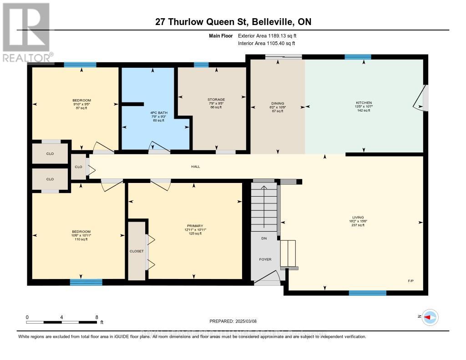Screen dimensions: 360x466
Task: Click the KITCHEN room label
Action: [x=364, y=103]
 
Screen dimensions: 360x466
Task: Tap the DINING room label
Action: [x=277, y=103]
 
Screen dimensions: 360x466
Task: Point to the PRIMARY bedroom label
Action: [x=194, y=226]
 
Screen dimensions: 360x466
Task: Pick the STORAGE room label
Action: [x=216, y=99]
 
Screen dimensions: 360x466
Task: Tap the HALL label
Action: [x=195, y=167]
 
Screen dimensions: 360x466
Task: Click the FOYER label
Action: [x=265, y=259]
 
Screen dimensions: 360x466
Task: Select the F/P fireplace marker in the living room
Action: [x=410, y=281]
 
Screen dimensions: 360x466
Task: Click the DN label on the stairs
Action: [x=263, y=238]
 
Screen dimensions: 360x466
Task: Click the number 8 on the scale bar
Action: [x=96, y=317]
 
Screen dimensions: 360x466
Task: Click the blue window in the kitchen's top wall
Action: [x=358, y=57]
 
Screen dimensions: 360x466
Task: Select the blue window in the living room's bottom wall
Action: [x=367, y=293]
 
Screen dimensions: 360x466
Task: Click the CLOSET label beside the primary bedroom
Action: [x=137, y=251]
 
